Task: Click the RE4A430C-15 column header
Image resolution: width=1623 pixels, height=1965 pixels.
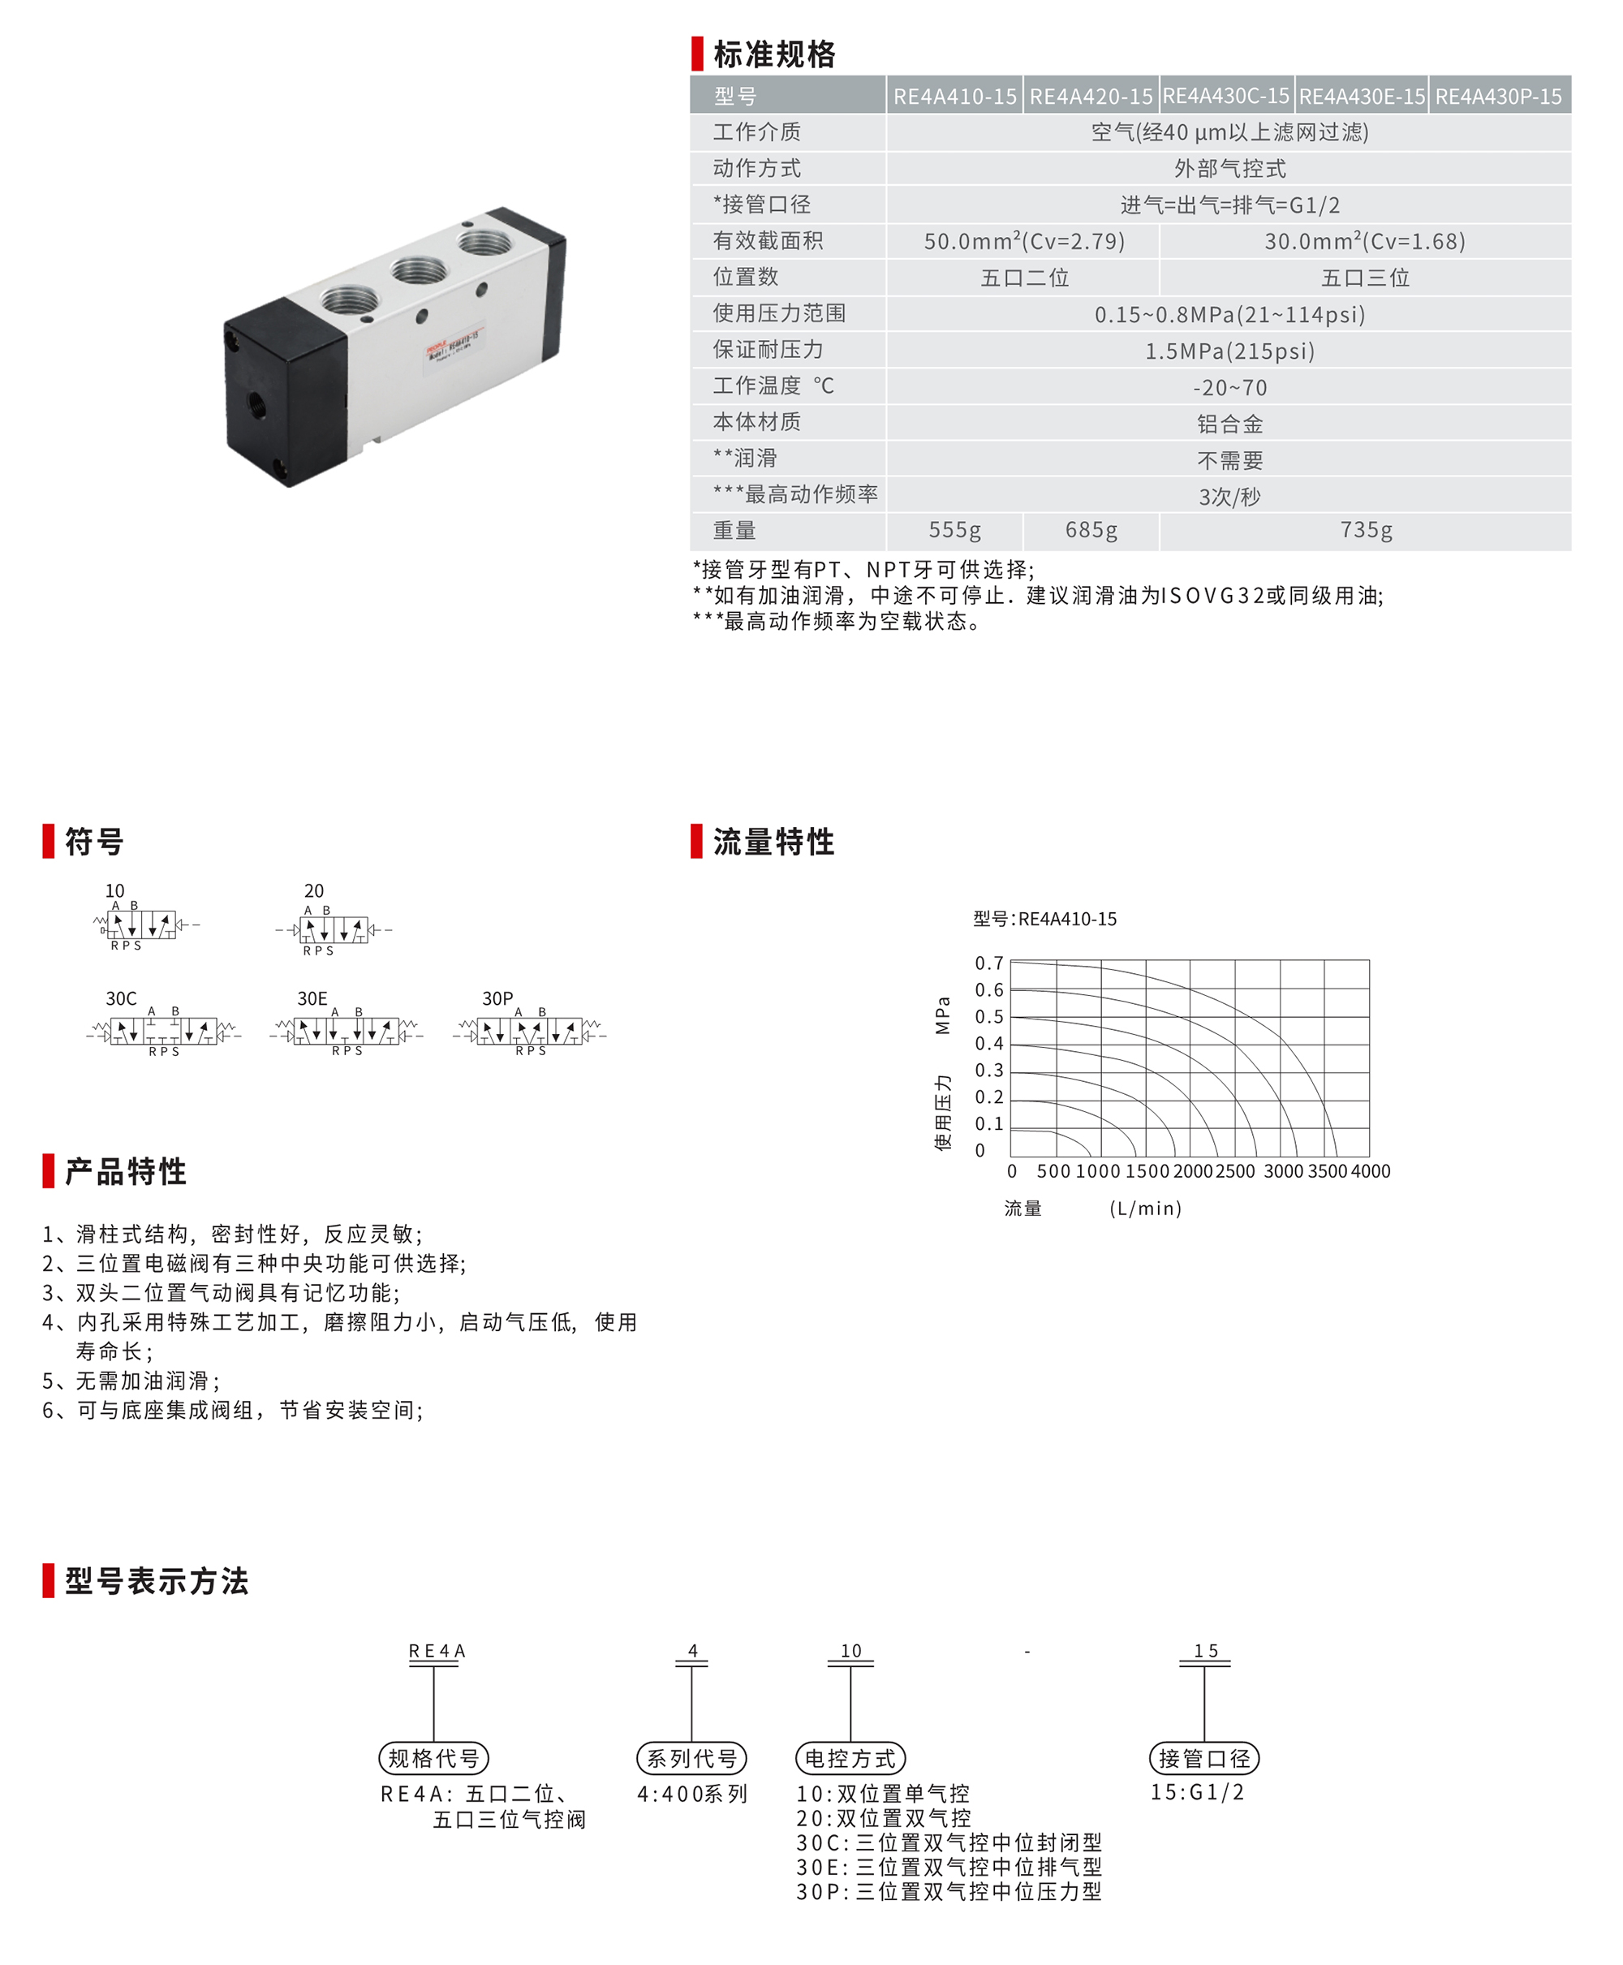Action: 1225,97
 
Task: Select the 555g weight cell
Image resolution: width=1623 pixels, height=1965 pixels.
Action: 954,531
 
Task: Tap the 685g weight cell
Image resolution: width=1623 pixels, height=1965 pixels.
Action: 1091,531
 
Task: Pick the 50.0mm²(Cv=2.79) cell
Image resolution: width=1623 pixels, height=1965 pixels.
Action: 1024,241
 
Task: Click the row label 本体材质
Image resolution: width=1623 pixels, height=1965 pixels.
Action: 756,423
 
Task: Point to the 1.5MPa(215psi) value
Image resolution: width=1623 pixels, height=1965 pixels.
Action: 1229,351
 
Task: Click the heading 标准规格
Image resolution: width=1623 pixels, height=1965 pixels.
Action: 774,54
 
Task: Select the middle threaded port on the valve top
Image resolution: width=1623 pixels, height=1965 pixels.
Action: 418,270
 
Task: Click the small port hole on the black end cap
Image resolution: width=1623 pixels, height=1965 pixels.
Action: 254,405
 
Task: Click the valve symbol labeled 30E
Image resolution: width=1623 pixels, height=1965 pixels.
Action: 346,1031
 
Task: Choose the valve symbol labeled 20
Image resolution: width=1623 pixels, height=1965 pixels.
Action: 334,929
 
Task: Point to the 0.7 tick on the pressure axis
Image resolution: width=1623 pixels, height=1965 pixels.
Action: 988,963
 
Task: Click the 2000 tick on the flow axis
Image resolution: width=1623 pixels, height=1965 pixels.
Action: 1192,1171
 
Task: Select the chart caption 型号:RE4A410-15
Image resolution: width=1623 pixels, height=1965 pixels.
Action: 1044,919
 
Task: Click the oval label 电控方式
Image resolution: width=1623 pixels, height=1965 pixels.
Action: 850,1758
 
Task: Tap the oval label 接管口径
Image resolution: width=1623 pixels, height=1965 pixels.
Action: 1203,1758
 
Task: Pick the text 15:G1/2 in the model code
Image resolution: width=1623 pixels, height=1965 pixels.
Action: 1197,1792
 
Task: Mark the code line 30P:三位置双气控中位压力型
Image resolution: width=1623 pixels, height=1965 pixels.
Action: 948,1891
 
